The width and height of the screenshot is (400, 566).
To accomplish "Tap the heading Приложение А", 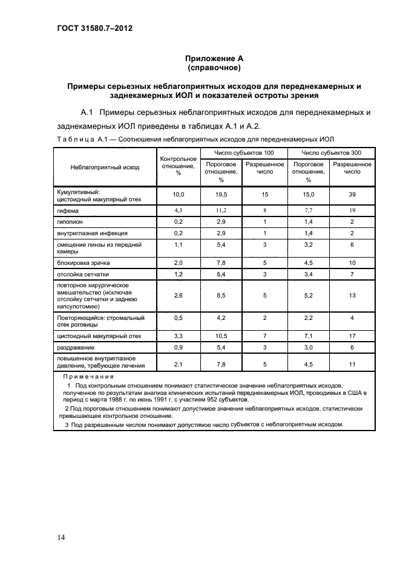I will pos(214,59).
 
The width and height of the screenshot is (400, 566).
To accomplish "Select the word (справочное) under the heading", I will pos(214,68).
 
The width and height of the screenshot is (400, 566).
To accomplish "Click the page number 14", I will pos(62,538).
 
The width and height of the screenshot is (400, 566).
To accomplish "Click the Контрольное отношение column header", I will pos(179,166).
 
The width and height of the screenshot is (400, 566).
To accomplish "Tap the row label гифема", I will pos(67,210).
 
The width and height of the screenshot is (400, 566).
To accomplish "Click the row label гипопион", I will pos(70,222).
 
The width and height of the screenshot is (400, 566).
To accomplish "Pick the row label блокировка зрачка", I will pos(82,263).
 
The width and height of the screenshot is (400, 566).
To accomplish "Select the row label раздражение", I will pos(75,348).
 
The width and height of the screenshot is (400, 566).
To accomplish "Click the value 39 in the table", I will pos(352,195).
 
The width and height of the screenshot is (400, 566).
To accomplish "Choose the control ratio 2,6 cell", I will pos(178,295).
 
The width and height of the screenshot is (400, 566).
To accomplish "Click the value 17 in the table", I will pos(352,336).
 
